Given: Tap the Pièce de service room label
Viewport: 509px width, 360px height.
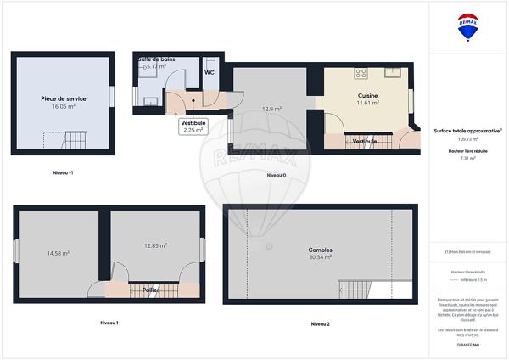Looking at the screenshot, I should click(x=64, y=99).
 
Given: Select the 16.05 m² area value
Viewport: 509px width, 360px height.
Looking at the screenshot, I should click(x=64, y=108).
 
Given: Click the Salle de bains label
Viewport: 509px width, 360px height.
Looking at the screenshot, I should click(x=155, y=59).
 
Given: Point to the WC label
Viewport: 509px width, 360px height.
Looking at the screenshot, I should click(x=209, y=72).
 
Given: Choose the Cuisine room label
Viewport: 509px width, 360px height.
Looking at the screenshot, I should click(x=367, y=96).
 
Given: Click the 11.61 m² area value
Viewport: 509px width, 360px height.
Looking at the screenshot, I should click(x=367, y=104).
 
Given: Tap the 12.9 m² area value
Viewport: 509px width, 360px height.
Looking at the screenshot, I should click(x=271, y=109).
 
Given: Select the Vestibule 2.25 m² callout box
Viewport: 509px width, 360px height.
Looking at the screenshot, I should click(x=193, y=127).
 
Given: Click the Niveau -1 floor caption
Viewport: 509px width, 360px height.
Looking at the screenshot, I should click(x=63, y=172).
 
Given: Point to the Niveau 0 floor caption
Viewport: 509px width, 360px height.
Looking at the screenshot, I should click(x=277, y=175).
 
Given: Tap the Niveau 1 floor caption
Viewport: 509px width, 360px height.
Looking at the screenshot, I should click(x=109, y=323).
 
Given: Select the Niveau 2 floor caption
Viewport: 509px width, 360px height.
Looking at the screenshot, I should click(x=321, y=323).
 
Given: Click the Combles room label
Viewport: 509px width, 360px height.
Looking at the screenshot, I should click(x=320, y=250).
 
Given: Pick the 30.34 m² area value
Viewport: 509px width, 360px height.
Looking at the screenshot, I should click(x=320, y=257).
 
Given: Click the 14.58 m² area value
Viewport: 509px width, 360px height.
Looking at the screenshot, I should click(x=58, y=253).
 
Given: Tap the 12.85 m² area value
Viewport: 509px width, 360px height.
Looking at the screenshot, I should click(x=154, y=245).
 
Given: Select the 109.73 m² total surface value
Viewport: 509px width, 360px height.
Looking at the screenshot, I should click(x=467, y=138).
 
